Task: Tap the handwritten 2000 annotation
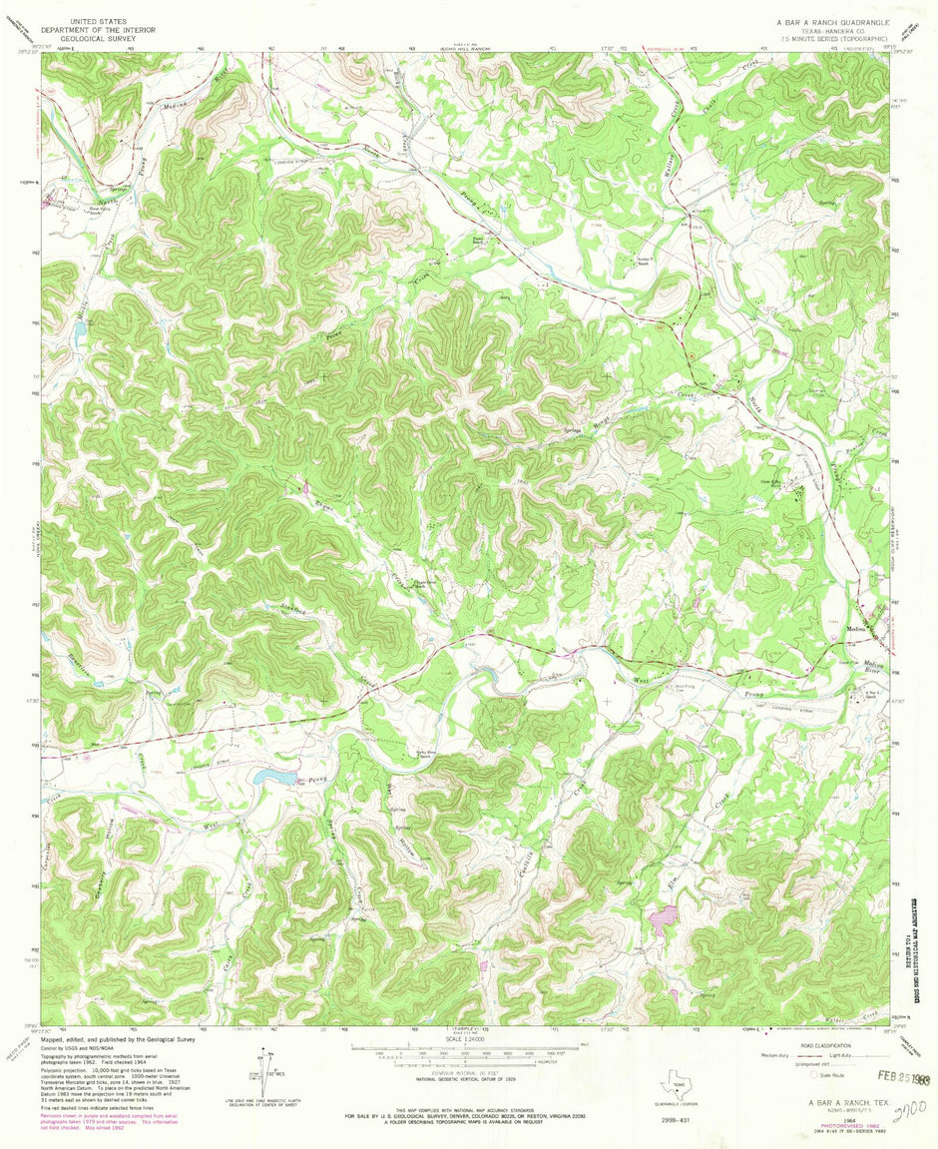coord(904,1110)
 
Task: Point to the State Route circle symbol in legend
coord(813,1075)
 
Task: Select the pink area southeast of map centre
coord(663,914)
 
